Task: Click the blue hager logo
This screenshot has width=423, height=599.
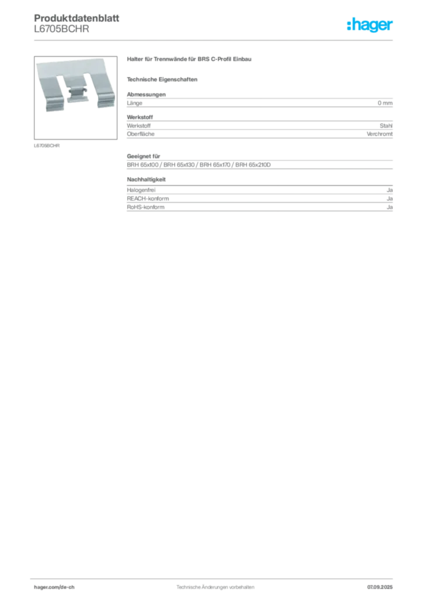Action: click(370, 26)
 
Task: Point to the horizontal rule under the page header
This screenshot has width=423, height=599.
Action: click(215, 40)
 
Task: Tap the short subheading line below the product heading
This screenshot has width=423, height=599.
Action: click(164, 79)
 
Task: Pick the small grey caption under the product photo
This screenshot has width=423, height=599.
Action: click(46, 144)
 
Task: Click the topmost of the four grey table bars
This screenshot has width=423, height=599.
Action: click(259, 103)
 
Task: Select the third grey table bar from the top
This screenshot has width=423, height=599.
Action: click(259, 166)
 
